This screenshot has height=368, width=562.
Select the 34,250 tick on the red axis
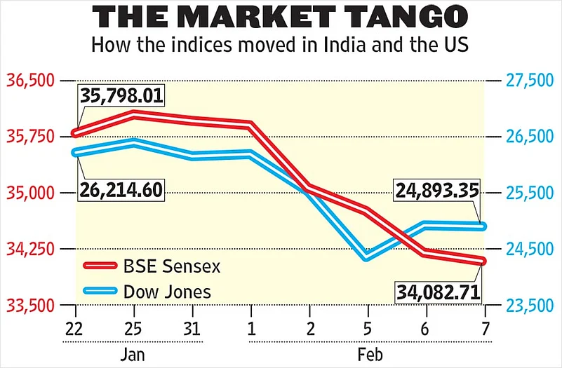coord(31,249)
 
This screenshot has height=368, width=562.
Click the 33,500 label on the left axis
coord(31,306)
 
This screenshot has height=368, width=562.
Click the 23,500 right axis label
coord(529,306)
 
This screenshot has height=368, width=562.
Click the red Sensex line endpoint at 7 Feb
coord(482,261)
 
